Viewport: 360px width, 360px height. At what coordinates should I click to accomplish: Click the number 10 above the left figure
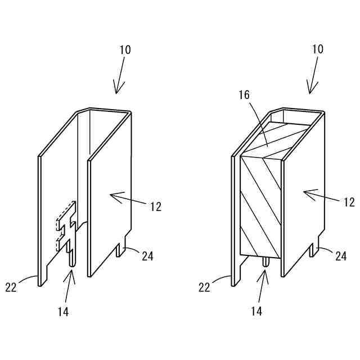(125, 49)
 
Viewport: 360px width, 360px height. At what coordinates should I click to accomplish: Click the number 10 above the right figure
(317, 49)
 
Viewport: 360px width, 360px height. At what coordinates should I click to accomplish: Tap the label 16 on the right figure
(244, 95)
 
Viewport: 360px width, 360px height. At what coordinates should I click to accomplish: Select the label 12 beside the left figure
(155, 206)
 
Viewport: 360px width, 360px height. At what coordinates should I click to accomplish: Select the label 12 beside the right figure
(349, 202)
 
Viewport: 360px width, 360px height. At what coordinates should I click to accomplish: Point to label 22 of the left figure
(11, 287)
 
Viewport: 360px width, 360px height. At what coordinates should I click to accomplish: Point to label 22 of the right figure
(205, 287)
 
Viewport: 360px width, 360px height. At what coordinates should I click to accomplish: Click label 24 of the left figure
(148, 256)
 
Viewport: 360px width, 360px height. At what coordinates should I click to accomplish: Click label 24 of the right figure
(341, 256)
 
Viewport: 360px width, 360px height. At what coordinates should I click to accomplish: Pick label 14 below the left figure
(63, 311)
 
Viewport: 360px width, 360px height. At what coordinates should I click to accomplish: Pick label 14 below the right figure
(256, 311)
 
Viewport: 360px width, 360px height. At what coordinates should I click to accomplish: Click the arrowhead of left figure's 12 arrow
(113, 196)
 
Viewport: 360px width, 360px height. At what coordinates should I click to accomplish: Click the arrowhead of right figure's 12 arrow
(306, 192)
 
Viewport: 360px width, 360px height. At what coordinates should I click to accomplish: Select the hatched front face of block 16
(260, 205)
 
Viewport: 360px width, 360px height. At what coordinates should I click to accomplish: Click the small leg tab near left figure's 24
(119, 250)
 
